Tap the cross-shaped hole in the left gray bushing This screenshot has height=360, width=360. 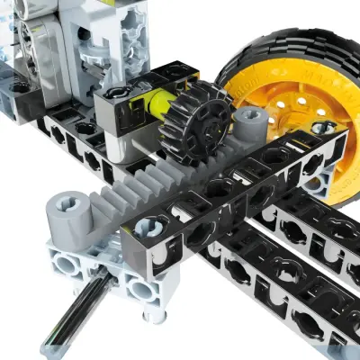(67, 204)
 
